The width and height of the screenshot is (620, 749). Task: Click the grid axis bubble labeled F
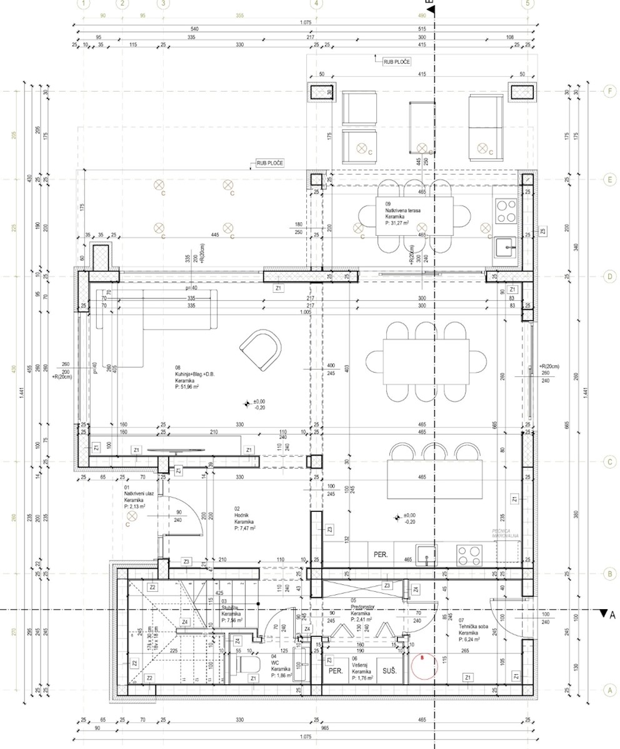(x=610, y=91)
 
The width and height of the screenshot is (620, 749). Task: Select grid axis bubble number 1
(x=84, y=3)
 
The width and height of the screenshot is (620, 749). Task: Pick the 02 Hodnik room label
(x=244, y=518)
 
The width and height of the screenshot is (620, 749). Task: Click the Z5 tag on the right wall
(x=543, y=232)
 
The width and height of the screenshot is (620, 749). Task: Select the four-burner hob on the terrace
(x=506, y=211)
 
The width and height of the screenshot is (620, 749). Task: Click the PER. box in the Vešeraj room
(x=336, y=671)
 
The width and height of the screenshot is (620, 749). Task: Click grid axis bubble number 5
(x=527, y=3)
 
